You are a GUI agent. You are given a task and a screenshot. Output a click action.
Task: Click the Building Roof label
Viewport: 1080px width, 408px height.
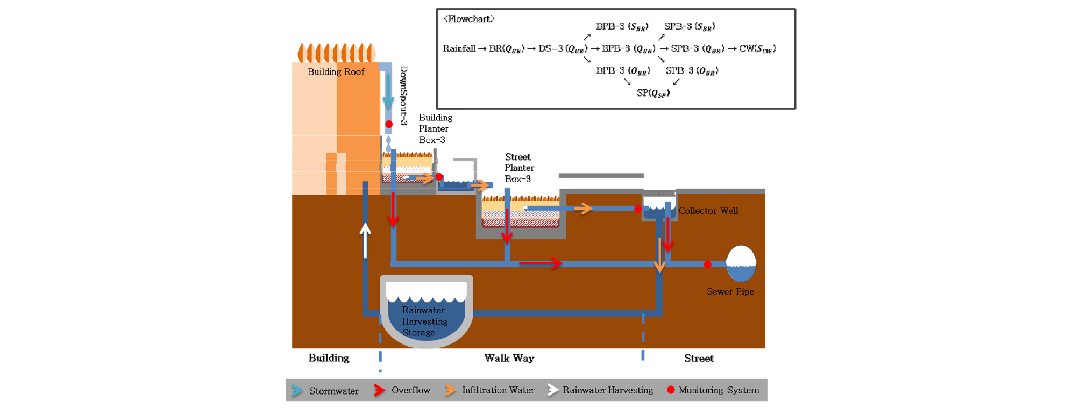point(336,72)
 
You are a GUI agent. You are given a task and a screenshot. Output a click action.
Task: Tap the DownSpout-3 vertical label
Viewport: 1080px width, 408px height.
point(404,95)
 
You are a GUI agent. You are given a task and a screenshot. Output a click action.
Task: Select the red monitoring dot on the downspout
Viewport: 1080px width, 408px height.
point(389,124)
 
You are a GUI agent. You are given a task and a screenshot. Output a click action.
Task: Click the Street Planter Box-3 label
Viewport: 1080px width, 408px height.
point(518,168)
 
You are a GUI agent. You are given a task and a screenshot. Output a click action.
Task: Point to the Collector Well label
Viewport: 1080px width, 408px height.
point(708,211)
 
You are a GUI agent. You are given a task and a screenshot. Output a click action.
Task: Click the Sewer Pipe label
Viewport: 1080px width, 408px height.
point(730,292)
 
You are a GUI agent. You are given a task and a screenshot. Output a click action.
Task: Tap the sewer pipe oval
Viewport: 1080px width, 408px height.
point(741,263)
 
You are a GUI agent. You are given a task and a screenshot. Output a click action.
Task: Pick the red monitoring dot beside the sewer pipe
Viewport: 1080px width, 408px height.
point(708,264)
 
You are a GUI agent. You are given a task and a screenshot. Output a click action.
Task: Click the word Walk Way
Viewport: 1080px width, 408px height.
point(509,359)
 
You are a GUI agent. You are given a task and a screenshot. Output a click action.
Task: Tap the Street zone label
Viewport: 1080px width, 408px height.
point(699,359)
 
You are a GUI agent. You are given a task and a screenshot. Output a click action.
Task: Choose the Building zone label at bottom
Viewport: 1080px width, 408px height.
point(329,358)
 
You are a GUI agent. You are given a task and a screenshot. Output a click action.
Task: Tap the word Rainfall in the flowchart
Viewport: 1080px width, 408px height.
point(459,49)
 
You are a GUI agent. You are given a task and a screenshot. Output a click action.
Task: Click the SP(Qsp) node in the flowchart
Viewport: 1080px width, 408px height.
point(653,93)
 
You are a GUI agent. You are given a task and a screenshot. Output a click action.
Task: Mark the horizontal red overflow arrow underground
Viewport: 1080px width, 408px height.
point(541,263)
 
